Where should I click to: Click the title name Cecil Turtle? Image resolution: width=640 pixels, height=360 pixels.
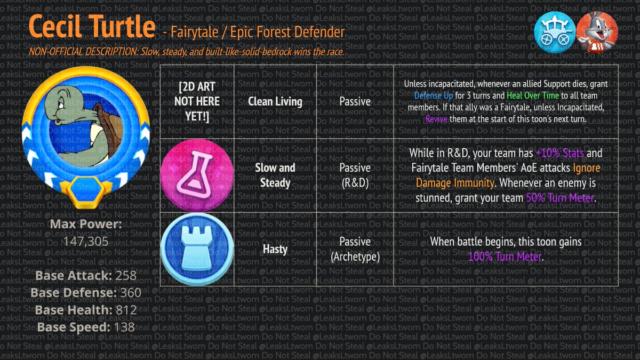click(x=92, y=27)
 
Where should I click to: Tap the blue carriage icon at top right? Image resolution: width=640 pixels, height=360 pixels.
click(x=555, y=32)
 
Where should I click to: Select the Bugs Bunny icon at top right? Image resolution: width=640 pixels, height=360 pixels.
click(x=597, y=32)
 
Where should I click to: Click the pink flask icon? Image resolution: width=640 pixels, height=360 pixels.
click(x=197, y=175)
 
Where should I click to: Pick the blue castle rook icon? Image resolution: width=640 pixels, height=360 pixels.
click(x=197, y=250)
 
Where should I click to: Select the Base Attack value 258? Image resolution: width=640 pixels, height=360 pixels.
click(x=125, y=276)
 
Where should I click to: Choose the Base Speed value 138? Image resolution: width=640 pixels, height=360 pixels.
click(x=124, y=327)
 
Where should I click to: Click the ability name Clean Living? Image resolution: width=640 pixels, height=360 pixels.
click(x=275, y=101)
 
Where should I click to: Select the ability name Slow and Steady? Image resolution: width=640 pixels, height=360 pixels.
click(x=275, y=175)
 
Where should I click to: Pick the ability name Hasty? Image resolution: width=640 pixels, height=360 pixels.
click(x=275, y=249)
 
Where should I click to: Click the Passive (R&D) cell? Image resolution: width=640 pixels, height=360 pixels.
click(x=355, y=175)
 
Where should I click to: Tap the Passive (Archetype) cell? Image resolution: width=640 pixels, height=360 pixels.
click(x=355, y=249)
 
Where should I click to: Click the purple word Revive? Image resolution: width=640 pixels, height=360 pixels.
click(x=436, y=119)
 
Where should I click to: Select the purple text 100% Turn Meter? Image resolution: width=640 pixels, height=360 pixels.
click(x=505, y=257)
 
